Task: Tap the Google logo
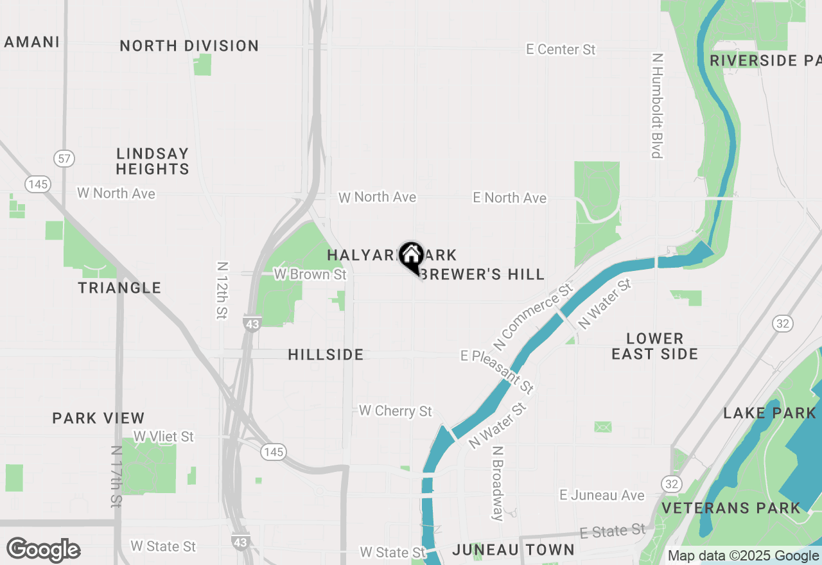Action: [x=43, y=550]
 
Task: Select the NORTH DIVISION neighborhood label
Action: [x=189, y=46]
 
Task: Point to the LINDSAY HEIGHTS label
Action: [x=153, y=161]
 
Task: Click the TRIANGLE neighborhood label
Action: [x=120, y=288]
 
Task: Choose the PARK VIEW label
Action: [x=98, y=418]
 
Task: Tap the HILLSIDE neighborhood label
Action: [x=326, y=354]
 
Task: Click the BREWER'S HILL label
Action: [x=484, y=274]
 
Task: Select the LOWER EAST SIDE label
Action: [x=654, y=346]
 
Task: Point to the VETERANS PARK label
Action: [x=731, y=508]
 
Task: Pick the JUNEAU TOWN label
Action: [x=513, y=550]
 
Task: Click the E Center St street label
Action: [x=561, y=49]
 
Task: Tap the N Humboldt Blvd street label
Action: [x=656, y=105]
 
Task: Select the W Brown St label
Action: [x=310, y=274]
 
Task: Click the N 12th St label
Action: [x=222, y=290]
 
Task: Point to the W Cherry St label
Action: [x=396, y=410]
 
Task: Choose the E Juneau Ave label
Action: [x=602, y=495]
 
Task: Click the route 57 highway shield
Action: [x=64, y=159]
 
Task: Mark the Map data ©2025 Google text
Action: [x=743, y=555]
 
